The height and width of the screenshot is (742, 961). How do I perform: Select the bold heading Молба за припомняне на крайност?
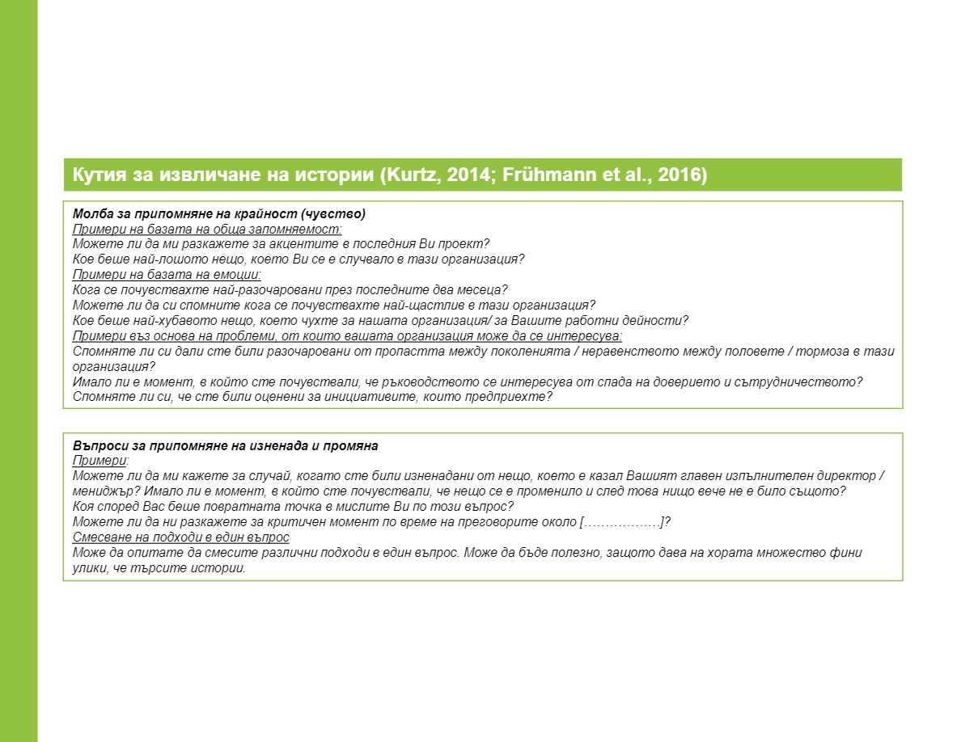click(218, 214)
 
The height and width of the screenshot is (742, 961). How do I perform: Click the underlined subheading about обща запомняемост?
click(207, 229)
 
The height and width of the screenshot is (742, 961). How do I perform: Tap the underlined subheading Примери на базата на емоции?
click(167, 275)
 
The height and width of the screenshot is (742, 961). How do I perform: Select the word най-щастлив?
click(417, 306)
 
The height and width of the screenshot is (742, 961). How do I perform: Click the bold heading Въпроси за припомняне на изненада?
click(225, 446)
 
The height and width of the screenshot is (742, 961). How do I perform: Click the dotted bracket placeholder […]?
click(622, 522)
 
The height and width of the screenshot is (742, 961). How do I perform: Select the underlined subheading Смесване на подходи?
click(180, 538)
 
